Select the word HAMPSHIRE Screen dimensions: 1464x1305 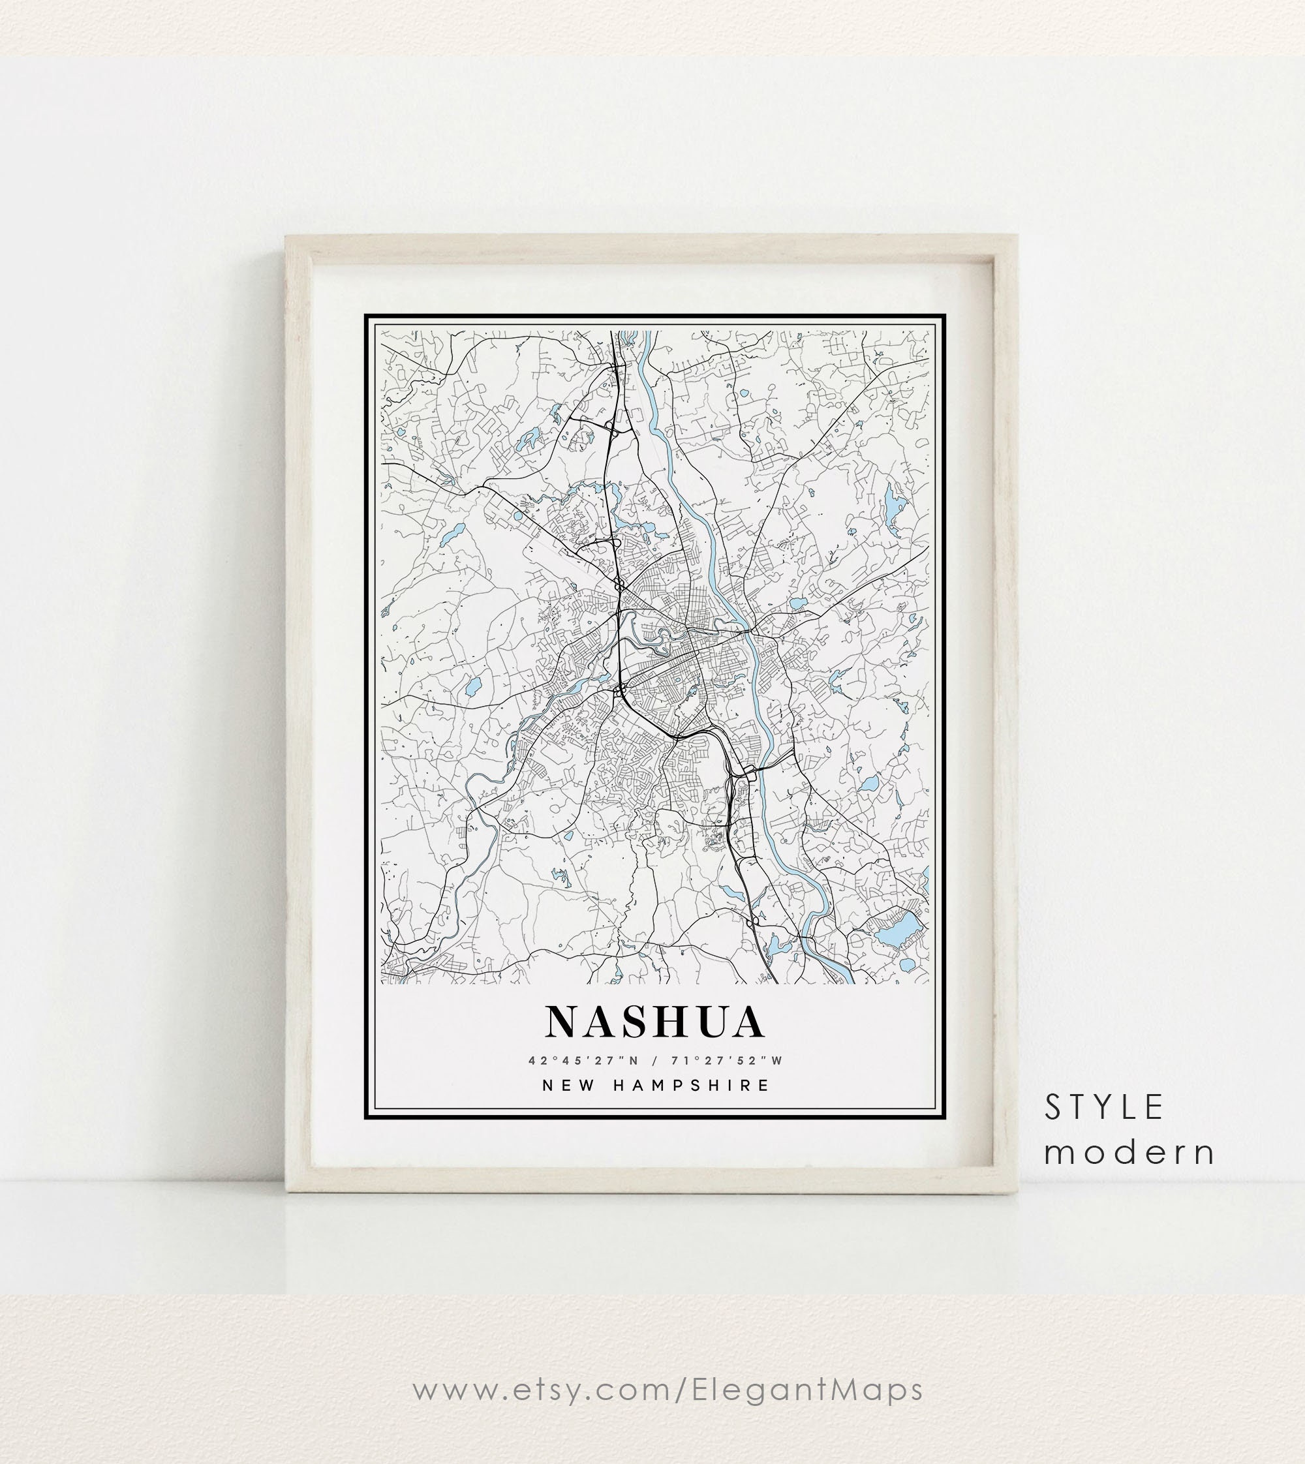pyautogui.click(x=693, y=1086)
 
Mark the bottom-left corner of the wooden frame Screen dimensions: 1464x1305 pyautogui.click(x=288, y=1193)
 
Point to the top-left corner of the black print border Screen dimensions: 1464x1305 pyautogui.click(x=365, y=316)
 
